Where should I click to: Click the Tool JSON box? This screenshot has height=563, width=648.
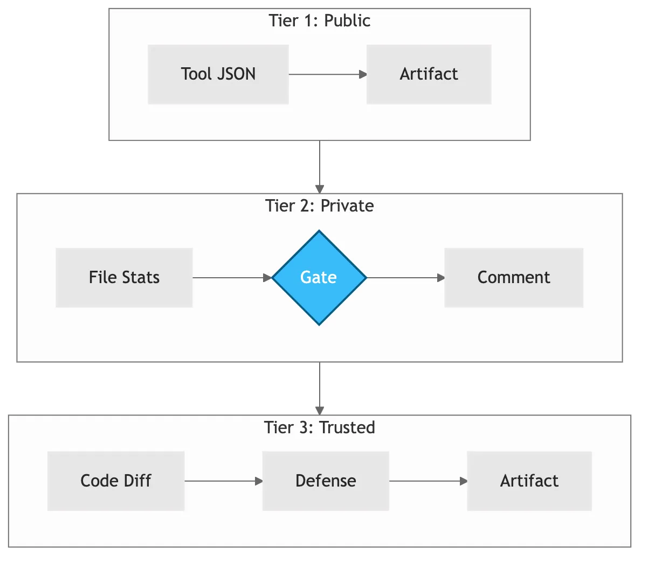pyautogui.click(x=218, y=74)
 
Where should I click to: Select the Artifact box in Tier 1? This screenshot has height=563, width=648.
pyautogui.click(x=429, y=74)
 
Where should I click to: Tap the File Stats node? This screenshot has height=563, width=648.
pyautogui.click(x=124, y=278)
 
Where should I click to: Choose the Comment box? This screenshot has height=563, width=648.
pyautogui.click(x=513, y=278)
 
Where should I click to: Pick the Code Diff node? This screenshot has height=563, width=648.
pyautogui.click(x=116, y=481)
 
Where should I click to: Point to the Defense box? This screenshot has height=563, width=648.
pyautogui.click(x=326, y=481)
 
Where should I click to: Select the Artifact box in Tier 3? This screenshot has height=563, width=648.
pyautogui.click(x=529, y=481)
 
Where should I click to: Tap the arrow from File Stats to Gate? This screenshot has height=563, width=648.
pyautogui.click(x=232, y=278)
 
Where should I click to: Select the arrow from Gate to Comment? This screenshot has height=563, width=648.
pyautogui.click(x=405, y=278)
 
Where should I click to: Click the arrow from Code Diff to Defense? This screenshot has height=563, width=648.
pyautogui.click(x=223, y=481)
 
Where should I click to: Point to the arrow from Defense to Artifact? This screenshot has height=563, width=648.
pyautogui.click(x=428, y=481)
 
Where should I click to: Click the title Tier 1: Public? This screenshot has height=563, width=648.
pyautogui.click(x=320, y=21)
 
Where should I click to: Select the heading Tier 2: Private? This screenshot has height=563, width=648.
pyautogui.click(x=320, y=206)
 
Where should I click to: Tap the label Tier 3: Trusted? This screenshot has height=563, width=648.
pyautogui.click(x=320, y=427)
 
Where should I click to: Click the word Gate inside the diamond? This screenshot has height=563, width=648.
pyautogui.click(x=319, y=277)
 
